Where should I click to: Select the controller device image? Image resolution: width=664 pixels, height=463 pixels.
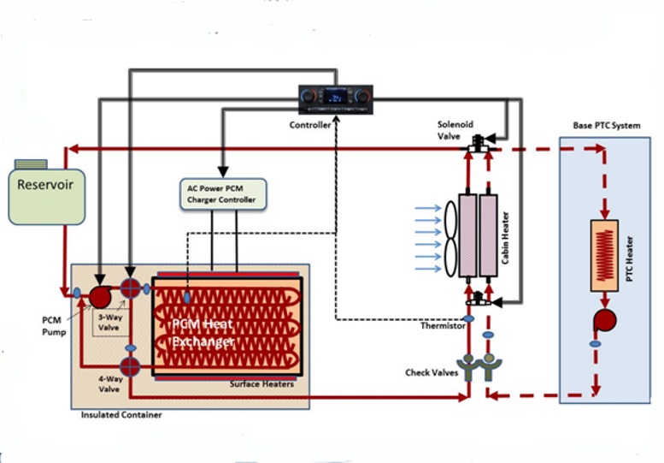click(x=336, y=99)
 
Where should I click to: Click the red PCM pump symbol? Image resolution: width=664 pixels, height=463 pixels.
click(x=98, y=295)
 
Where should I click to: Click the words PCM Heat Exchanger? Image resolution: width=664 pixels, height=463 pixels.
click(x=205, y=334)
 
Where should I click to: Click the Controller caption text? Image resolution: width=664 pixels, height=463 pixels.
click(x=310, y=125)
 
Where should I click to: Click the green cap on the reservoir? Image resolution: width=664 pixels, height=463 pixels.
click(x=31, y=163)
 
